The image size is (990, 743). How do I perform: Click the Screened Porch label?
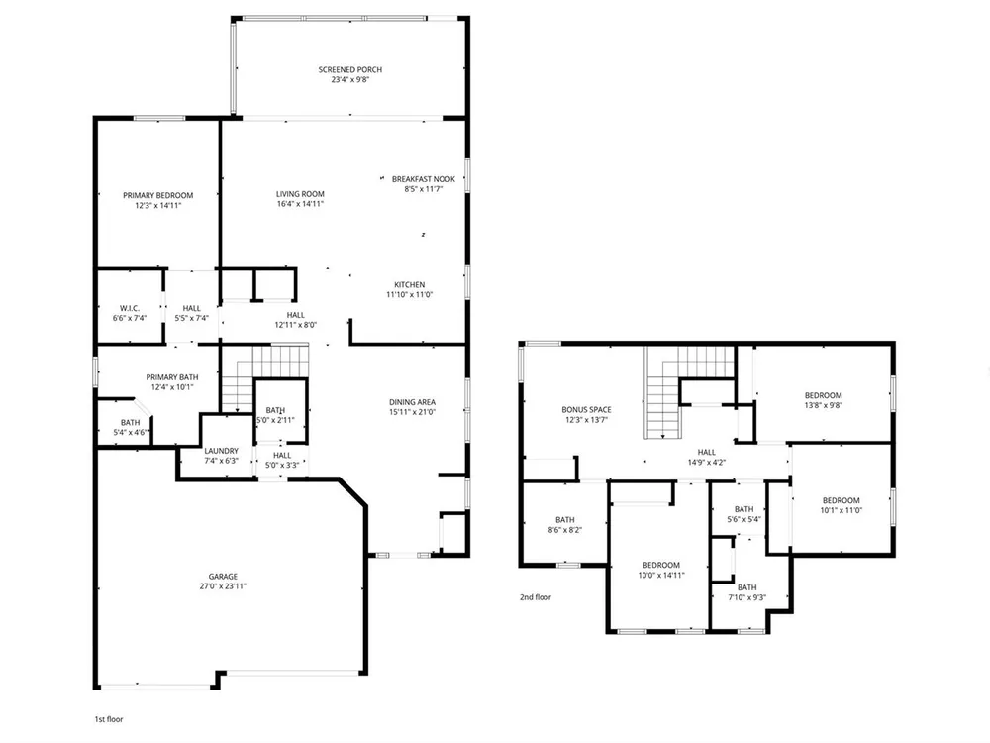click(349, 69)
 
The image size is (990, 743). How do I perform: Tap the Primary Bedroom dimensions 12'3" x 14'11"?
click(157, 205)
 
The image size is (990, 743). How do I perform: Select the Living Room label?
click(300, 194)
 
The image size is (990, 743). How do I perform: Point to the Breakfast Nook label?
click(423, 178)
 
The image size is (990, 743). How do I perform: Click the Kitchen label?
click(409, 284)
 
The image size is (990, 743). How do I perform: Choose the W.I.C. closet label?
click(130, 308)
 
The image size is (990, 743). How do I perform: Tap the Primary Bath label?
click(171, 377)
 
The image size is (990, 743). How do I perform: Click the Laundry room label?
click(221, 451)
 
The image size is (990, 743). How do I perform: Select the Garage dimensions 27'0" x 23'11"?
click(223, 586)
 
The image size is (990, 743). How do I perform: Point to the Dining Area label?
click(412, 402)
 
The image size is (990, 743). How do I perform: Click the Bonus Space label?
click(586, 409)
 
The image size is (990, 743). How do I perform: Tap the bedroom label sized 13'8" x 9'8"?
click(823, 395)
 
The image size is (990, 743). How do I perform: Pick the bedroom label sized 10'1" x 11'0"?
click(841, 500)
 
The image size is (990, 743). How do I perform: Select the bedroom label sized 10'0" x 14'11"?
click(661, 565)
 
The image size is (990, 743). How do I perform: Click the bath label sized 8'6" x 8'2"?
click(564, 520)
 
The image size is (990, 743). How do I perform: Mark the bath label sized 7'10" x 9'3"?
click(746, 587)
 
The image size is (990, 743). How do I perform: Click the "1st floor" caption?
click(109, 719)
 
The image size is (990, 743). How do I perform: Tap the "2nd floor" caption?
click(536, 597)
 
